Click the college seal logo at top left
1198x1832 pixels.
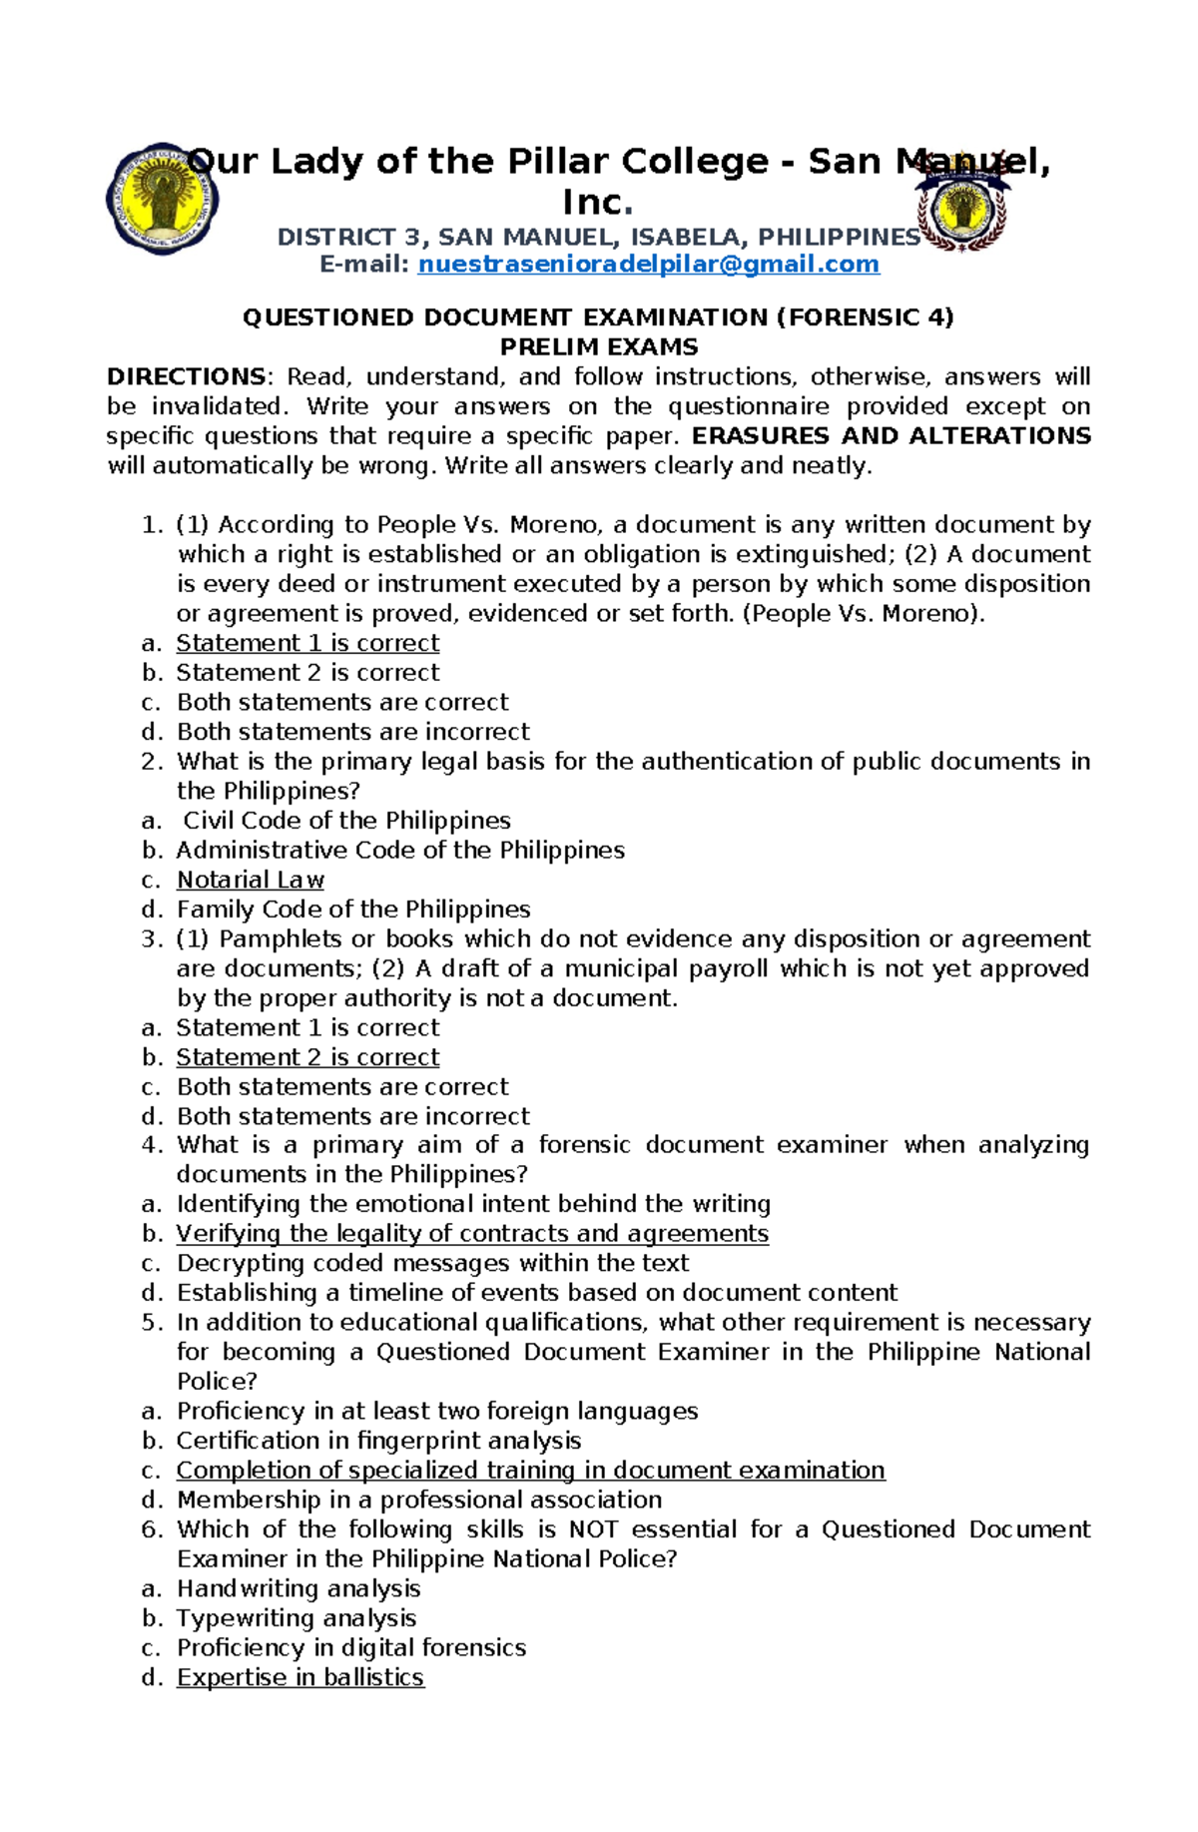tap(162, 198)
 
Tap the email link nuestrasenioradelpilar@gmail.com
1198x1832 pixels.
tap(648, 265)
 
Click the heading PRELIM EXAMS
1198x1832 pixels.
tap(598, 347)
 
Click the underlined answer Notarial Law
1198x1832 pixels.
tap(250, 881)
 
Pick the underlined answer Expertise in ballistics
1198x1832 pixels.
tap(299, 1677)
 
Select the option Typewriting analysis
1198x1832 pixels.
tap(297, 1618)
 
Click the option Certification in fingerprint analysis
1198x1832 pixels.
tap(378, 1441)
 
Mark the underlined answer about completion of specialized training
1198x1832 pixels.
tap(530, 1471)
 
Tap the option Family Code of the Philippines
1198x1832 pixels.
tap(353, 910)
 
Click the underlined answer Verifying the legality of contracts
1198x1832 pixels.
tap(472, 1234)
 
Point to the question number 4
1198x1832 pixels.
tap(152, 1145)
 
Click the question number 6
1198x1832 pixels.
tap(152, 1529)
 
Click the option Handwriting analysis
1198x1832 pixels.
tap(299, 1588)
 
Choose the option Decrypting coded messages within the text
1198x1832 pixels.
tap(432, 1263)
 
